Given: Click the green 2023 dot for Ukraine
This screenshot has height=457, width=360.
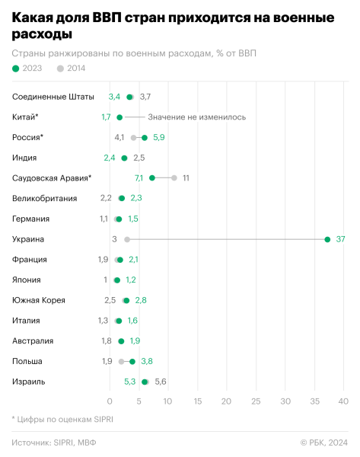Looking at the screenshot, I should [x=327, y=239].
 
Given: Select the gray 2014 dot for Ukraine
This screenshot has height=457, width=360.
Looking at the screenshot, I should [x=127, y=239].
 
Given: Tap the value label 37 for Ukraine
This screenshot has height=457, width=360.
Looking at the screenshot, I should [x=341, y=239].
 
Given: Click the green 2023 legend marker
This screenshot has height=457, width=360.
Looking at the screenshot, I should [x=16, y=69].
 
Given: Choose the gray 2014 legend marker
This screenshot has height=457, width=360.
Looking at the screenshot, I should [x=61, y=69].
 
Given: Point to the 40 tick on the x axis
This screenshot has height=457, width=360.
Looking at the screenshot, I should [x=343, y=401].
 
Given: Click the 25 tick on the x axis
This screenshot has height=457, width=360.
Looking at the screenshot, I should [x=256, y=401].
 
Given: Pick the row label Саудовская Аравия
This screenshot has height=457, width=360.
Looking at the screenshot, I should [x=52, y=177].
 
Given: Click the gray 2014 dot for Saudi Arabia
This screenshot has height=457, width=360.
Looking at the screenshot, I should [x=174, y=177].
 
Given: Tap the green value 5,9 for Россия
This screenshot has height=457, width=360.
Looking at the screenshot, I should [x=159, y=137].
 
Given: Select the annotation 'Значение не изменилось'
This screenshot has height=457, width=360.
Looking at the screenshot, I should [x=197, y=117].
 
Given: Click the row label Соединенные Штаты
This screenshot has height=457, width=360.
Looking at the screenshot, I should [x=53, y=97].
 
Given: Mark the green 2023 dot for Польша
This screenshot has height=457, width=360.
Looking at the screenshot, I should [x=132, y=361].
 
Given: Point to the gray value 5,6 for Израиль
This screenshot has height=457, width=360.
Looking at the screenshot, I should [x=161, y=382].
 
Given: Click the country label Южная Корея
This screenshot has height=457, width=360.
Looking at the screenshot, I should [x=39, y=300].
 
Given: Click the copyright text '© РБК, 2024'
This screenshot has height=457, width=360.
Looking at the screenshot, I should [x=323, y=443].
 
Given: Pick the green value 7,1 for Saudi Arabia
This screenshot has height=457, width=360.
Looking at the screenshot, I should [x=139, y=177].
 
